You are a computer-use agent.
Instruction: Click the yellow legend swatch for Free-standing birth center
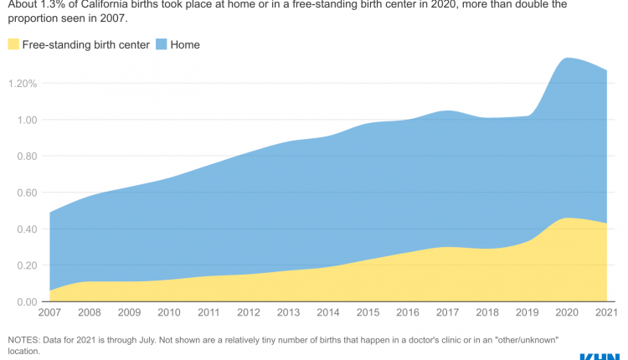point(13,44)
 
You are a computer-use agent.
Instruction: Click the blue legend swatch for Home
point(161,44)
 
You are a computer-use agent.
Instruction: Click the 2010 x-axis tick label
point(169,313)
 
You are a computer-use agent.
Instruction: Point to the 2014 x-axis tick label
point(329,313)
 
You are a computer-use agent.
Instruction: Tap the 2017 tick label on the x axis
point(449,313)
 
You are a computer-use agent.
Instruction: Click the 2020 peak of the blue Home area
point(569,59)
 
